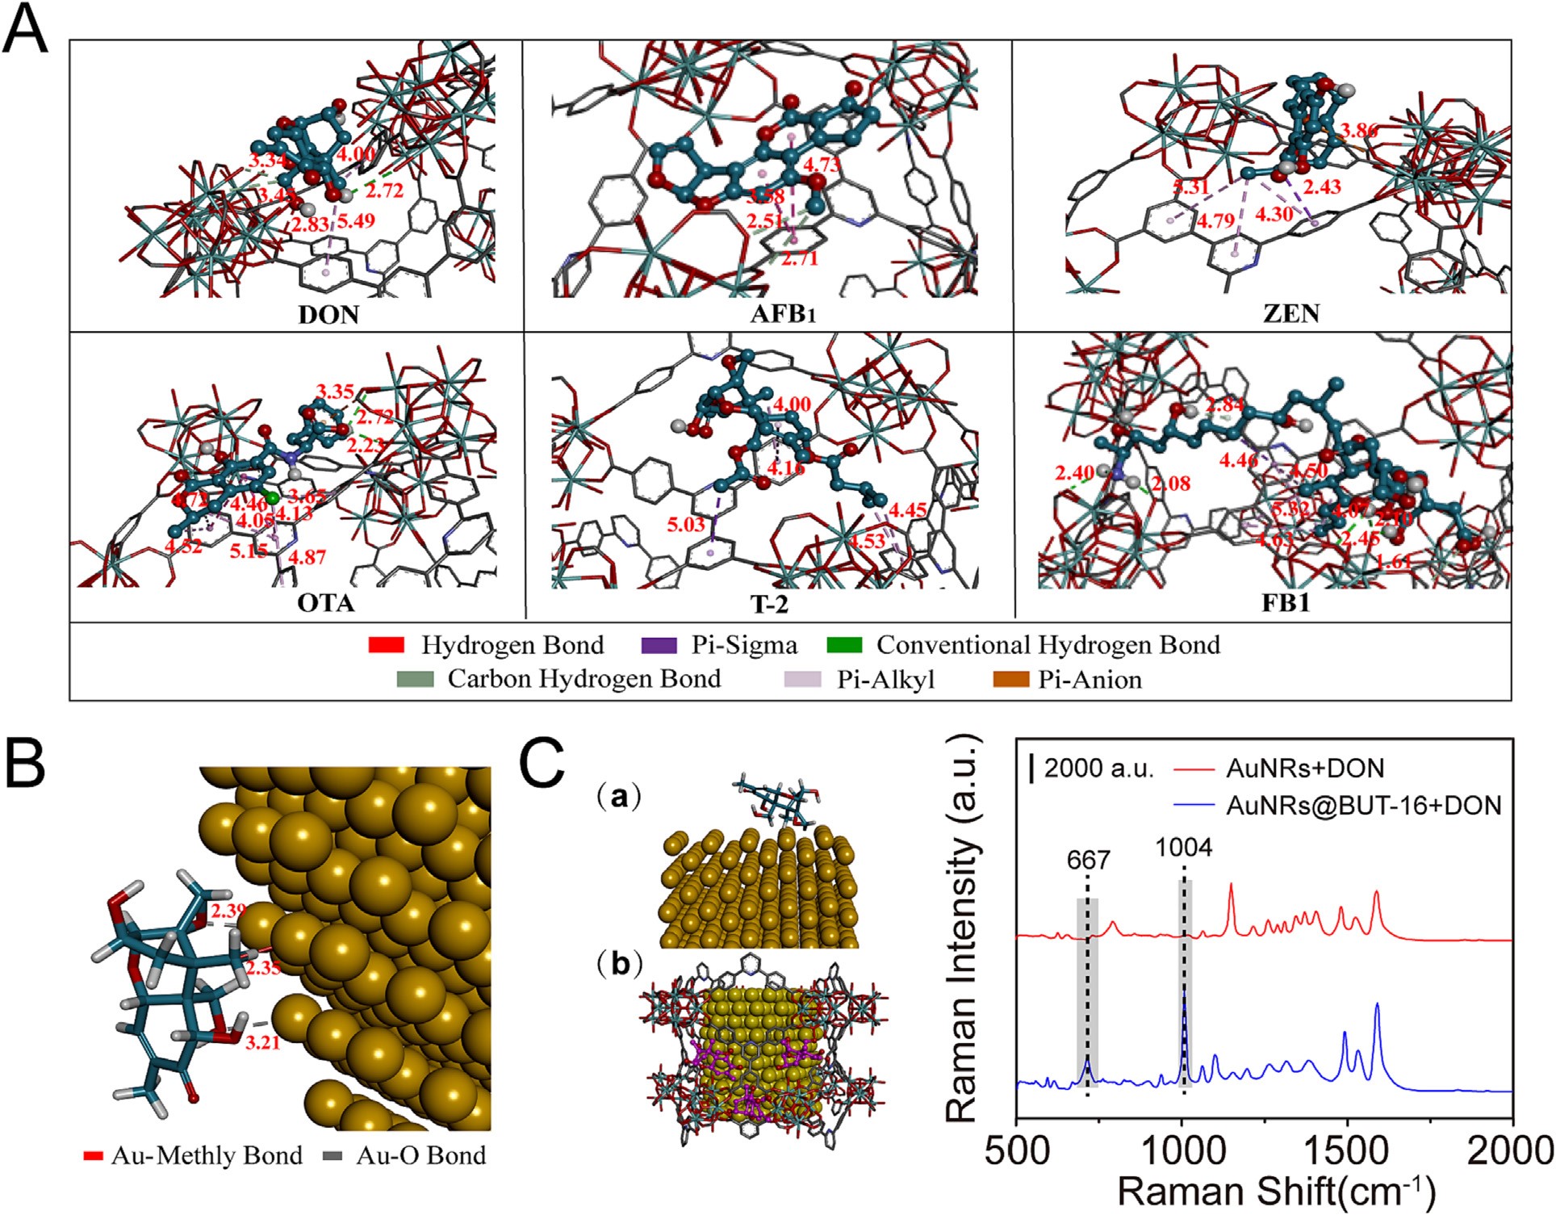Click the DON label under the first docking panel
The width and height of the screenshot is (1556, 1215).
coord(328,313)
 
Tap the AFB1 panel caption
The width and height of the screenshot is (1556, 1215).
coord(783,313)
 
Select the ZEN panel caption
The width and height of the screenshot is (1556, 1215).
coord(1291,313)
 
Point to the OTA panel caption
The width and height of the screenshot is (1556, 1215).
coord(326,603)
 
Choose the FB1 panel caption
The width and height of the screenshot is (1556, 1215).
coord(1286,603)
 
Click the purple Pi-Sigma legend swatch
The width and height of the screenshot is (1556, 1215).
coord(659,645)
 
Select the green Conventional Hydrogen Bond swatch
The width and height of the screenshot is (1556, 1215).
coord(844,645)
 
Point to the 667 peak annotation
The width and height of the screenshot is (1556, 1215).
coord(1087,860)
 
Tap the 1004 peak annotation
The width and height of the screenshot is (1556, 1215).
coord(1183,847)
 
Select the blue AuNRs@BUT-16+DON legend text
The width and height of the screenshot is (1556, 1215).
coord(1363,805)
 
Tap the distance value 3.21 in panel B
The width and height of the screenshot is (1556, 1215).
coord(262,1042)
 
